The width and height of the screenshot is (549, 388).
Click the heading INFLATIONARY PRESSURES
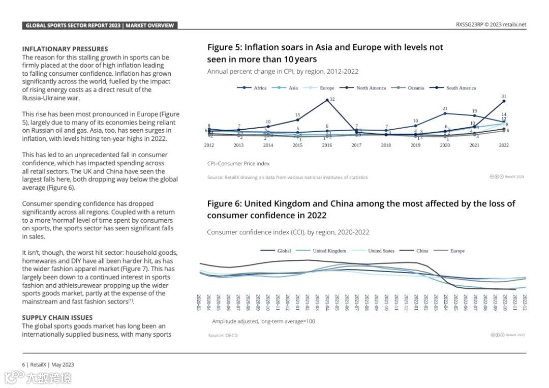pos(65,49)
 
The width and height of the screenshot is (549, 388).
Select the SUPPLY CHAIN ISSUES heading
pos(57,318)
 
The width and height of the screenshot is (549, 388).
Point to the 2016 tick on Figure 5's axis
pos(327,145)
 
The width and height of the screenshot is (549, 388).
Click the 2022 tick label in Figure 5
pos(504,145)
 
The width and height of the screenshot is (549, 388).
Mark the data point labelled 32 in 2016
pos(327,100)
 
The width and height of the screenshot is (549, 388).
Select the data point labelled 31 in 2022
pos(504,101)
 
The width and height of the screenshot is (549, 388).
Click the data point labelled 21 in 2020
pos(445,113)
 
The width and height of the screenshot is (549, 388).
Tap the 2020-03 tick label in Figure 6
pos(199,302)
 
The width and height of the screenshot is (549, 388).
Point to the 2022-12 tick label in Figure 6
pos(525,302)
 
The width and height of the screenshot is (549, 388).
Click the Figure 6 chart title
pos(361,210)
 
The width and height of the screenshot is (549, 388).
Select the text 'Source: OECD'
pos(223,336)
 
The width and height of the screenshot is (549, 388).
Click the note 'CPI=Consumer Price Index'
pos(238,164)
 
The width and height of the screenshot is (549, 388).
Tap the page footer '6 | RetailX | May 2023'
pos(48,365)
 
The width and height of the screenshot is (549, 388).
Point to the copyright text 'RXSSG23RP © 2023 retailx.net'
pos(491,24)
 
